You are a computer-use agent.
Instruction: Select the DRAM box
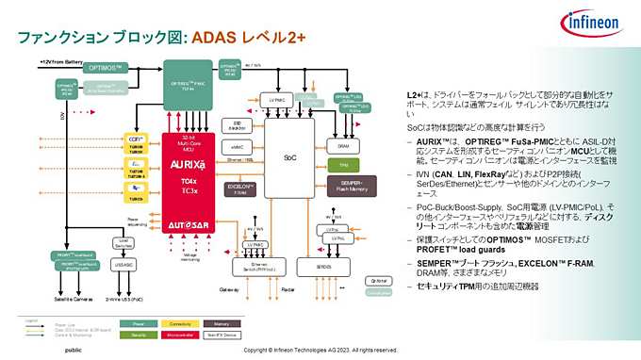[x=344, y=144]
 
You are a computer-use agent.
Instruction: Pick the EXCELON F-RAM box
[x=238, y=188]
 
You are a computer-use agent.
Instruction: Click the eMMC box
[x=238, y=147]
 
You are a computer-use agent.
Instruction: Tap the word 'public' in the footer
[x=73, y=351]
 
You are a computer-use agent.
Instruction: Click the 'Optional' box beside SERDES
[x=379, y=281]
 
